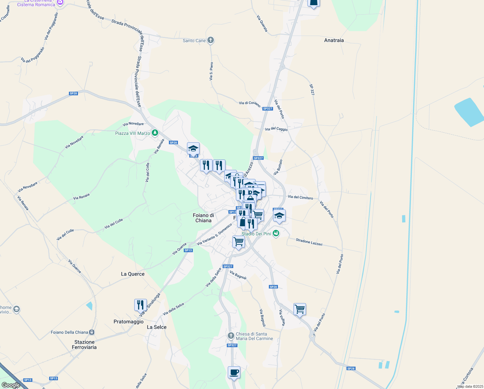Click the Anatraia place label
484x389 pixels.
334,41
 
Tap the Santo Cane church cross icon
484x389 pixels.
210,40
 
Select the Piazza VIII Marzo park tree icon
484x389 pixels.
155,133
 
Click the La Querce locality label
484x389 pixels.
133,274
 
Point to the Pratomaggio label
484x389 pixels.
128,322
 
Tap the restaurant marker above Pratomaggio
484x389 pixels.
140,305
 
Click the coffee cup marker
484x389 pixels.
234,372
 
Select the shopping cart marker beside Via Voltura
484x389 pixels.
300,310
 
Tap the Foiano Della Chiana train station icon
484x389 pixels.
92,332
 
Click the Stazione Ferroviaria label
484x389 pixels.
84,345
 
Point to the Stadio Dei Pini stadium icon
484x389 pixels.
276,233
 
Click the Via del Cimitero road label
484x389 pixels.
301,197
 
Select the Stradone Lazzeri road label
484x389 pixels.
309,242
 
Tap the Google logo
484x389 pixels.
11,385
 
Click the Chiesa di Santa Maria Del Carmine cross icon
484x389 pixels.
231,336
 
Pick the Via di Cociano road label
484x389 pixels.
249,104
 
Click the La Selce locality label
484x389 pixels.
157,327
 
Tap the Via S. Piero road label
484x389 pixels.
211,71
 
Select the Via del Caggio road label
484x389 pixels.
276,129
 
